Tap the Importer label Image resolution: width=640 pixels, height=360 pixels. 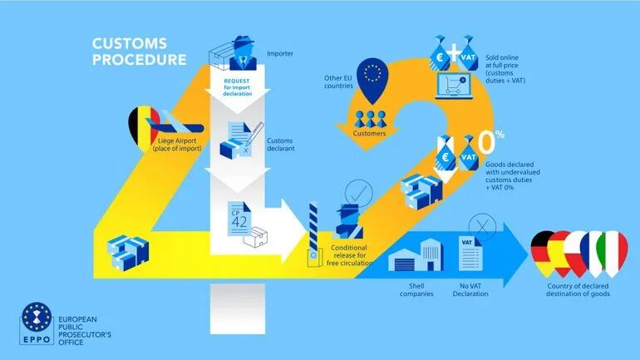tap(279, 55)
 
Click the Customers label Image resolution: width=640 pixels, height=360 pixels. tap(373, 132)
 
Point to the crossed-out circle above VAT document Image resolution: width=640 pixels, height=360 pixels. tap(480, 224)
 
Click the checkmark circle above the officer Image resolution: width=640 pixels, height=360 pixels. tap(356, 191)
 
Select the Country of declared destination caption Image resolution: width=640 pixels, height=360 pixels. tap(580, 288)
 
